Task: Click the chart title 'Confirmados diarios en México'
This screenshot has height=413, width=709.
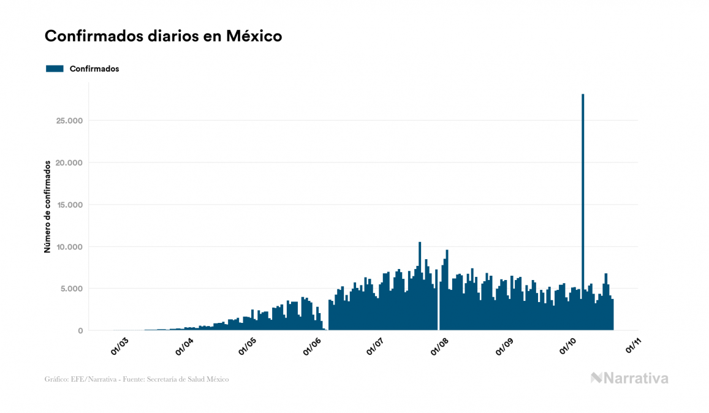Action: point(163,36)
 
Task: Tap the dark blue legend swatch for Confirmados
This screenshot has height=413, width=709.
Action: point(55,69)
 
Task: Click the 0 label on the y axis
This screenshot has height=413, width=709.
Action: point(80,331)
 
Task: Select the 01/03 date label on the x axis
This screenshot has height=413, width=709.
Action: point(119,346)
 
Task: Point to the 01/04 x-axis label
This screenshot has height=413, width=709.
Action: point(184,346)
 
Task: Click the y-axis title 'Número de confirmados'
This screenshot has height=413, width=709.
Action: point(47,207)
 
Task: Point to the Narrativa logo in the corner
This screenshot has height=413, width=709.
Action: point(629,378)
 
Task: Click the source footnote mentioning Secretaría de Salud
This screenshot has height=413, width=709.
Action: point(137,379)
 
